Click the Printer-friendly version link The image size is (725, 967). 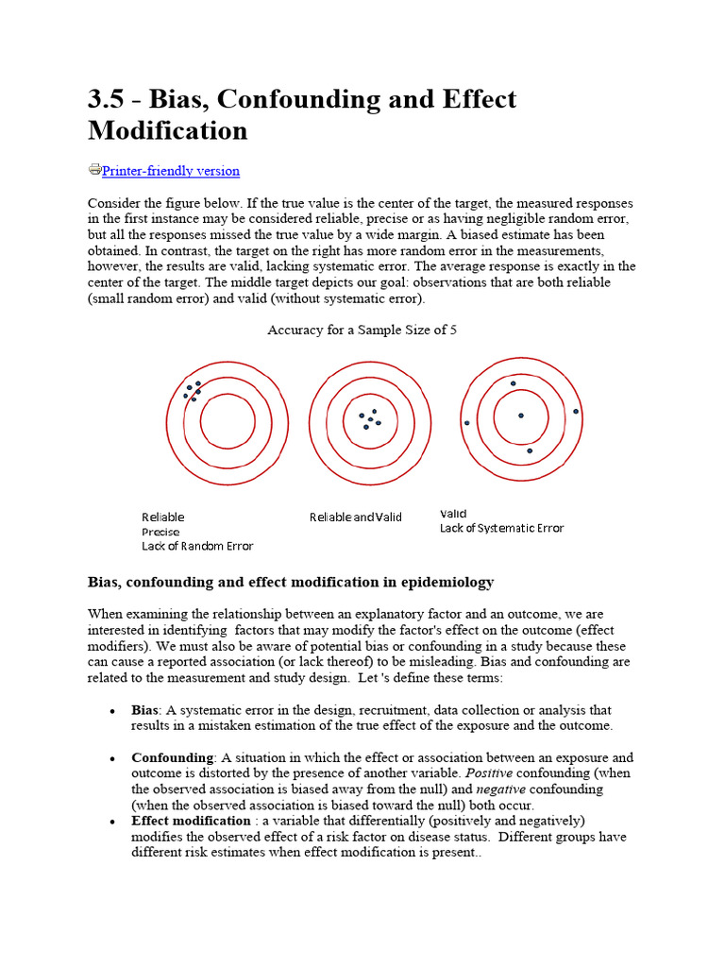tap(171, 171)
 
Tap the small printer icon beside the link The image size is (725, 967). tap(94, 170)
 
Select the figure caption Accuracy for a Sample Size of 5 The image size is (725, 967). tap(362, 330)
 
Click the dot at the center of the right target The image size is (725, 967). tap(520, 415)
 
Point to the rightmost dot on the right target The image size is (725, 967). tap(576, 412)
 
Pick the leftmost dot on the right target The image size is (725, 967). tap(466, 422)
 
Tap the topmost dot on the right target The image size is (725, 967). tap(514, 383)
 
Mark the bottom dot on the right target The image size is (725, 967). tap(530, 450)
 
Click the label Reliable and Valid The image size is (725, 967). tap(356, 517)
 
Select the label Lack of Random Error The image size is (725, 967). tap(197, 546)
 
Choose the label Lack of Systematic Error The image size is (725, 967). tap(501, 528)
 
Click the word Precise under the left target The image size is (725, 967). tap(160, 532)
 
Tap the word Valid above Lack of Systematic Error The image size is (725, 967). tap(453, 513)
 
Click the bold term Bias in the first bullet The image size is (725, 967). tap(144, 710)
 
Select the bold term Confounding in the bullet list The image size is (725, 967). tap(173, 757)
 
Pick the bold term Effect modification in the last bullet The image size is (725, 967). tap(191, 821)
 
